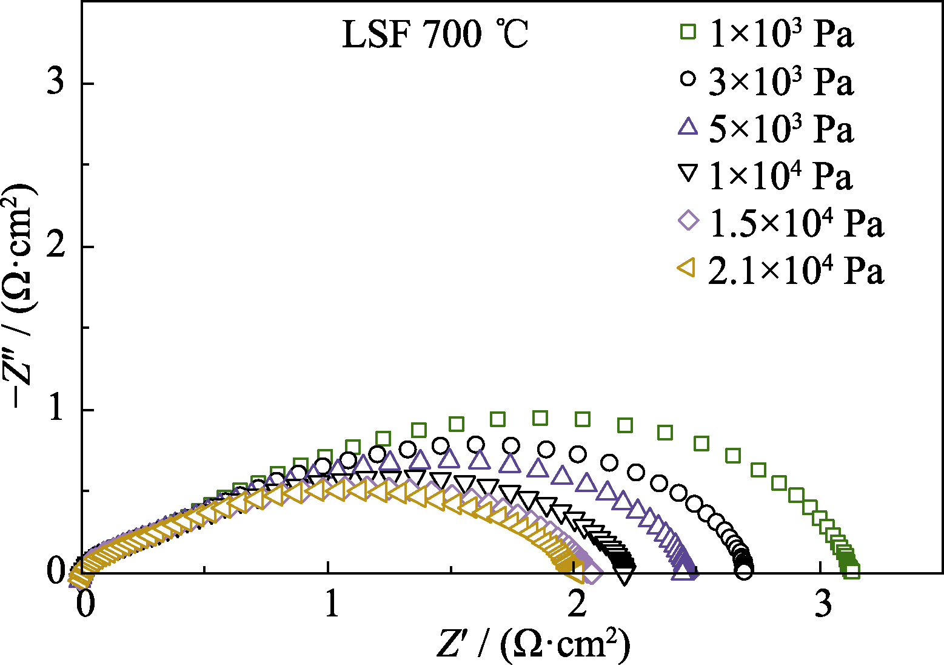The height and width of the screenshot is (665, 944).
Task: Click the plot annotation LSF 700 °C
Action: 435,35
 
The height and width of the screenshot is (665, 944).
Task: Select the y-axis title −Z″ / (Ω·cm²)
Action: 23,295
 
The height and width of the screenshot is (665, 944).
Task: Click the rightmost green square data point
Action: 852,571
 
